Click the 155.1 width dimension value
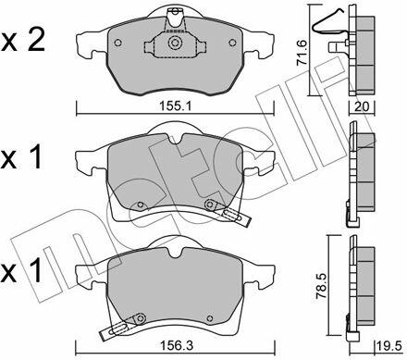coord(176,106)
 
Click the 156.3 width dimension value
coord(177,346)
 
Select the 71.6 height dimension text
coord(302,52)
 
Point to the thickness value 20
coord(362,106)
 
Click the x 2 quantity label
coord(23,41)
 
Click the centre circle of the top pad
coord(175,43)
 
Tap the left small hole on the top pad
coord(117,43)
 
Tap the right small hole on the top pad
coord(232,43)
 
